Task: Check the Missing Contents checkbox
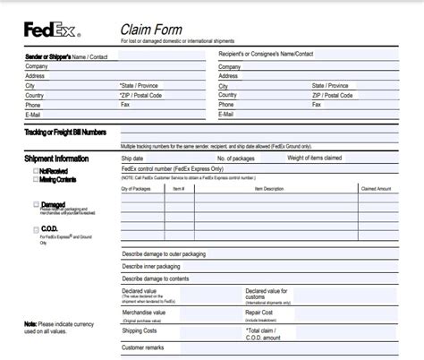click(35, 179)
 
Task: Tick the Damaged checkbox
click(35, 204)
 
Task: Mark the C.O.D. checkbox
click(35, 229)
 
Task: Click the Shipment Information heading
click(56, 159)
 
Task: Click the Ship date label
click(132, 158)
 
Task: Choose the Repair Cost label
click(261, 313)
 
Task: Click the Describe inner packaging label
click(151, 266)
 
